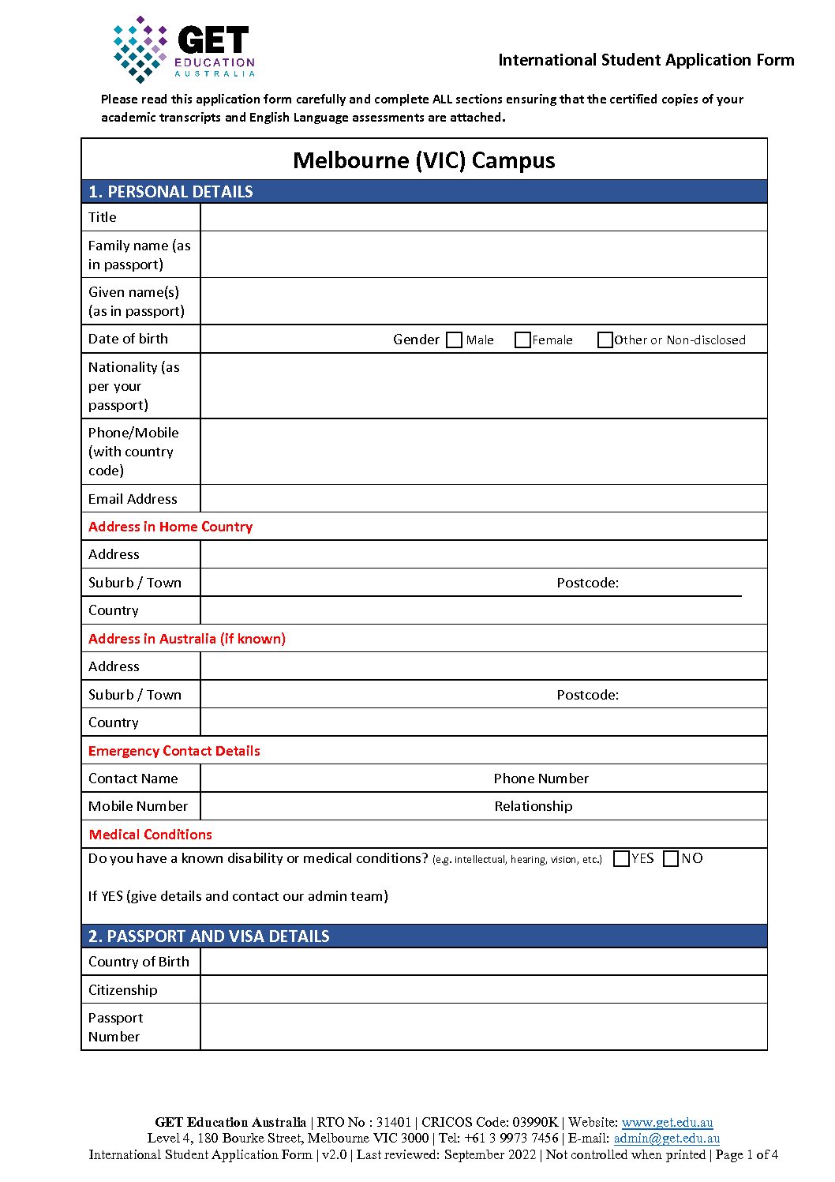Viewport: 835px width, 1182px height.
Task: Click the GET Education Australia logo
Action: (184, 49)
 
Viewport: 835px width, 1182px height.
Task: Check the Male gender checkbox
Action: (454, 340)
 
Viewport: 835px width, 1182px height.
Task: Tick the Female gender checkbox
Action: (522, 340)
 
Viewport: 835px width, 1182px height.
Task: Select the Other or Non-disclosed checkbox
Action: (605, 340)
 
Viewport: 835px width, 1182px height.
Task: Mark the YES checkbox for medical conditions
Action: (621, 858)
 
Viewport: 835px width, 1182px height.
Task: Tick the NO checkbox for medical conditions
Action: (671, 858)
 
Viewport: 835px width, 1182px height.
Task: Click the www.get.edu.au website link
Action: (667, 1122)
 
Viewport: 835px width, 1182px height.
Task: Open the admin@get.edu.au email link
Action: (666, 1138)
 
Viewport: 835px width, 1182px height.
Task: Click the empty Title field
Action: (483, 217)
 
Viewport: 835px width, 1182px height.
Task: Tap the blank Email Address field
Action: (483, 498)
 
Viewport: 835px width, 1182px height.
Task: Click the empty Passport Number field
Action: (483, 1026)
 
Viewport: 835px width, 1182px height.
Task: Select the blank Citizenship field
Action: (483, 989)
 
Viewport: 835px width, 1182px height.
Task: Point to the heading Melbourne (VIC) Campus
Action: (424, 160)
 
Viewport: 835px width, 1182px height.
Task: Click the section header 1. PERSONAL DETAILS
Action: (170, 192)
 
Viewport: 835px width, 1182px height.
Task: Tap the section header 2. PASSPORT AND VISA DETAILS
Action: (208, 936)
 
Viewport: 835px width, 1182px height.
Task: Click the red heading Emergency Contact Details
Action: (174, 751)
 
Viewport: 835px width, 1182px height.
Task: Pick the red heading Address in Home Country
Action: (170, 527)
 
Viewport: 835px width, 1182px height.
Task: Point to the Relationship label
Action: (534, 806)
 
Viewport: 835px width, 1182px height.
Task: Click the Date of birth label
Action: (128, 339)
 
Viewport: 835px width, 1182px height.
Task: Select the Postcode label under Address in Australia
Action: (587, 695)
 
